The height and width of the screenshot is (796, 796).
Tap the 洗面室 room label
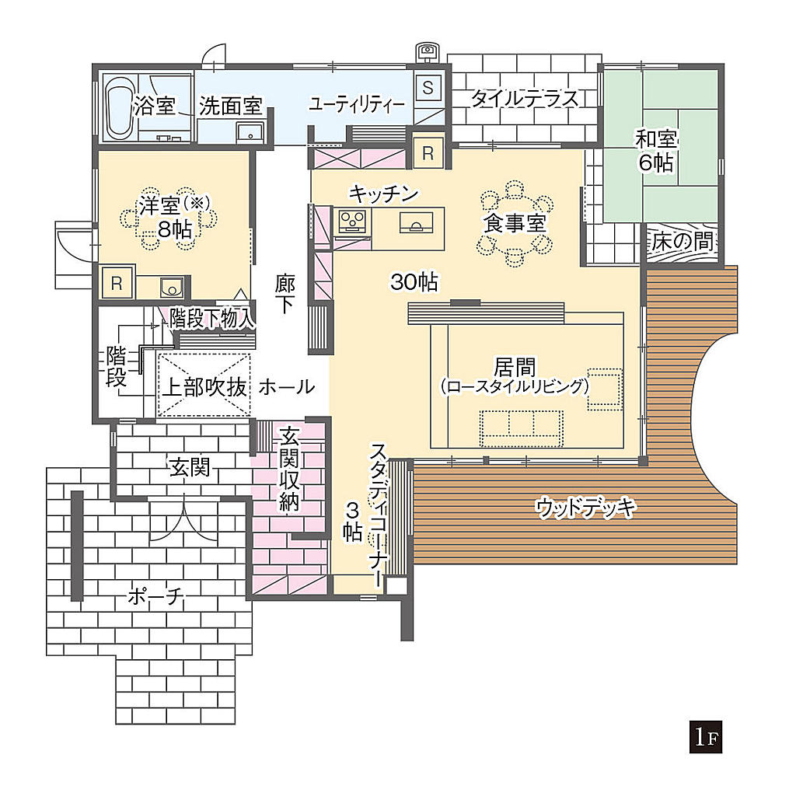tap(230, 106)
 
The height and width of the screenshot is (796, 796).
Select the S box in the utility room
tap(428, 87)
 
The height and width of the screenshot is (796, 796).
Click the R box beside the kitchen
tap(428, 153)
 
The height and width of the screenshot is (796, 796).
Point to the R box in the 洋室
tap(117, 283)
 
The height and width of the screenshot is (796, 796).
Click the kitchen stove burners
tap(352, 221)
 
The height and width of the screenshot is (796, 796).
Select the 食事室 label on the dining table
tap(515, 223)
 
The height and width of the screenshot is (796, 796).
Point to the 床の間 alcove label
tap(682, 241)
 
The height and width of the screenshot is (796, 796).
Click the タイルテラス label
tap(525, 98)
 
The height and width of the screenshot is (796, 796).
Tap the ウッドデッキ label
tap(585, 507)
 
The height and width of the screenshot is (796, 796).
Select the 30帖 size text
tap(414, 281)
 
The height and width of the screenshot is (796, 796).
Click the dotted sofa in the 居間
tap(522, 428)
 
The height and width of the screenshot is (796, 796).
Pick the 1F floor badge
tap(706, 737)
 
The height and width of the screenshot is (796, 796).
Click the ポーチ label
tap(155, 596)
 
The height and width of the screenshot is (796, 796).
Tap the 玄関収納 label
tap(289, 469)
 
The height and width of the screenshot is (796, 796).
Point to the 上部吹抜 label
tap(204, 387)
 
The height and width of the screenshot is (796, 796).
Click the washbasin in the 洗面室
tap(250, 131)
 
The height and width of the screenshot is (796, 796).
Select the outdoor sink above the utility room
tap(427, 51)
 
